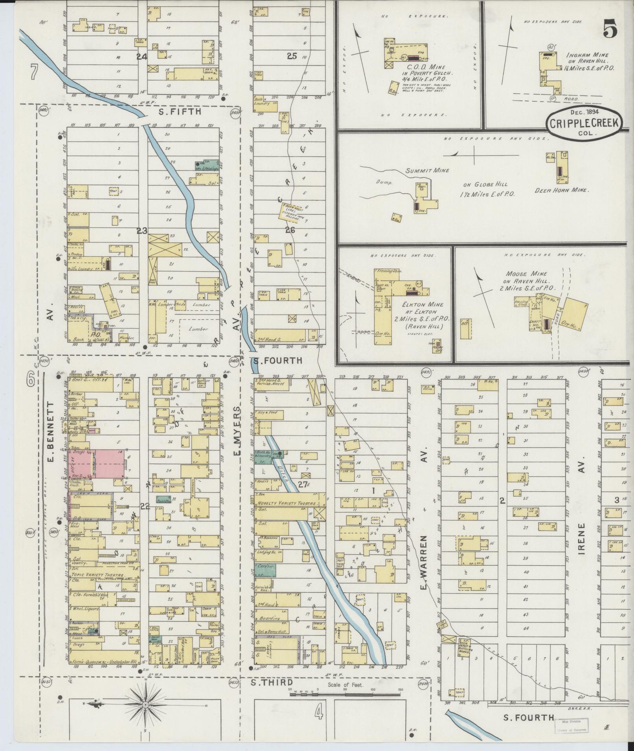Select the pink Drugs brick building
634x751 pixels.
(96, 464)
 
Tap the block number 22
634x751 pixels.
(145, 506)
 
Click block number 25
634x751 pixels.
(291, 56)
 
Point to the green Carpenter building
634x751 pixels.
(264, 570)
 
